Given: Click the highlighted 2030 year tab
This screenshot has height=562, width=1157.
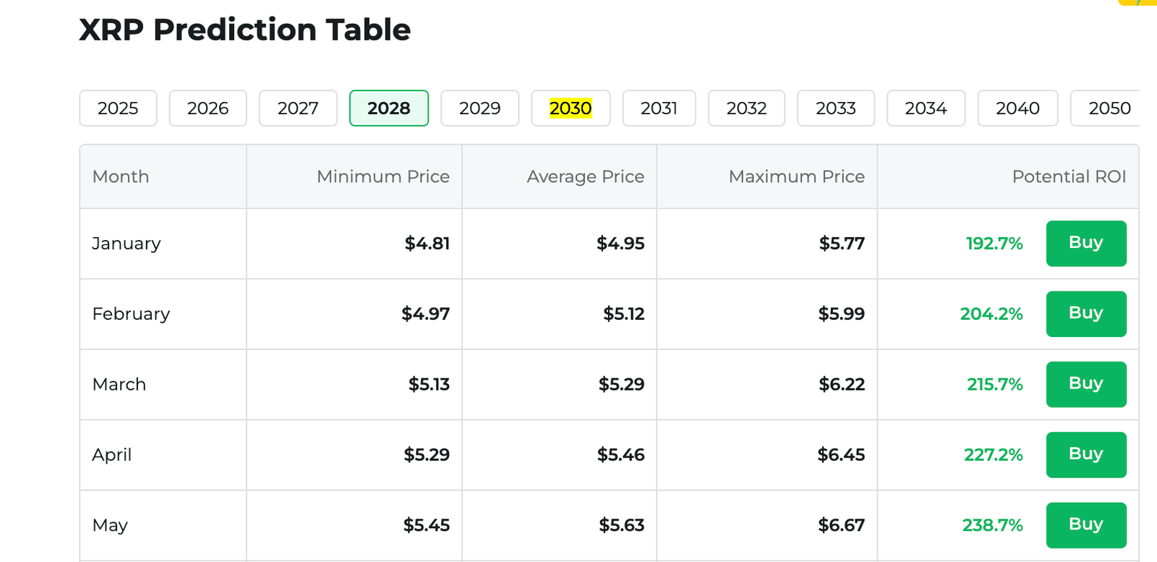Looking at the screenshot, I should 571,108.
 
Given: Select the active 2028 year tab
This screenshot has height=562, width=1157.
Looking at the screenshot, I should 388,108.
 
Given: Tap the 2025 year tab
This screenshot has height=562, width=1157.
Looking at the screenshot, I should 118,108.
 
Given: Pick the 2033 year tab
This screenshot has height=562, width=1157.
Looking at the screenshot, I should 835,108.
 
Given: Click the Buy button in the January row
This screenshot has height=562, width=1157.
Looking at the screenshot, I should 1085,243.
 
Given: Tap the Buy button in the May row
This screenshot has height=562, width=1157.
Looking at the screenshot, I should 1085,524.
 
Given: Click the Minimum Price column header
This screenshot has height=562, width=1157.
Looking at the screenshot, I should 383,176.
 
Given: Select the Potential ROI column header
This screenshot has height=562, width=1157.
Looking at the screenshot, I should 1069,176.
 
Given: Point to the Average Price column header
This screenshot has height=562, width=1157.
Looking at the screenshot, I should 585,176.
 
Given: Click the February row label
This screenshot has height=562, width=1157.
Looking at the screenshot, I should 131,314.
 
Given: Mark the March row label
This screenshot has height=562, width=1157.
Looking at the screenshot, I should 119,384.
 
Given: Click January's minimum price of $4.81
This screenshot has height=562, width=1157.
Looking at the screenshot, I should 427,244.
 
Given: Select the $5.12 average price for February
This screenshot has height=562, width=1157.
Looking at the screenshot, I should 623,314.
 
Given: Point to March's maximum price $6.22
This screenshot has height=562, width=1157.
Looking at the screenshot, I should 841,384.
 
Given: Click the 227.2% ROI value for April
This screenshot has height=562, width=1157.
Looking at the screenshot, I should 993,455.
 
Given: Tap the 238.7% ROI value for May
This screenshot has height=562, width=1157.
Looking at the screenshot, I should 992,525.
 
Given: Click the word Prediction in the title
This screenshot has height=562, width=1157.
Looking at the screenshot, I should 235,30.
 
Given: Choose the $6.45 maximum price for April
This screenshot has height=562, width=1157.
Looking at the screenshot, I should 841,455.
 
